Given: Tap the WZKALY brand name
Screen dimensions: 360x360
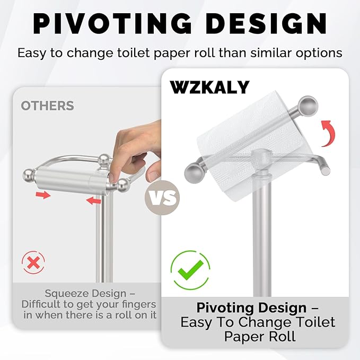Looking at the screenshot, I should point(209,87).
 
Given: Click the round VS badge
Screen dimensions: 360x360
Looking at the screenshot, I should point(162,198).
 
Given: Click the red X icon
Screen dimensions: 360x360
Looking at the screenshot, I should point(33,262).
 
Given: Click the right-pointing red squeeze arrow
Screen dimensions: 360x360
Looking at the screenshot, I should point(43,196).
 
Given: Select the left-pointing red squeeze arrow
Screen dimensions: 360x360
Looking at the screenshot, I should point(93,200).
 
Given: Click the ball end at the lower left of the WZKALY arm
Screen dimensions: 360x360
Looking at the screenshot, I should point(192,173).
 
